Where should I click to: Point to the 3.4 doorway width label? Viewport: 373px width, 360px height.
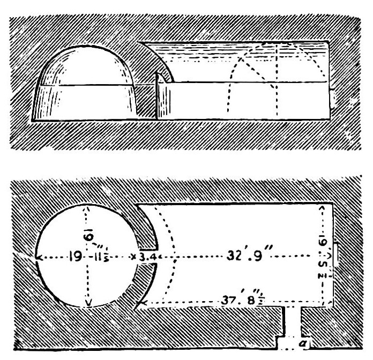click(x=146, y=258)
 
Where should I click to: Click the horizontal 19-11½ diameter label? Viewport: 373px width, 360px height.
click(x=95, y=258)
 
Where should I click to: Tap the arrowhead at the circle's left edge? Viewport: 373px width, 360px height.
click(x=38, y=258)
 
